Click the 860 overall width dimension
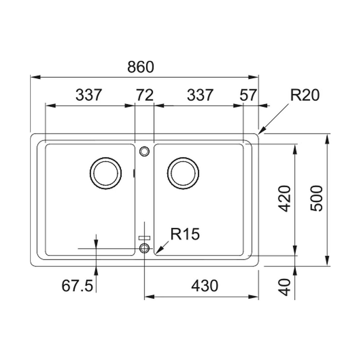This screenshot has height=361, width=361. [140, 67]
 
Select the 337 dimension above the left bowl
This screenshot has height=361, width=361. [89, 95]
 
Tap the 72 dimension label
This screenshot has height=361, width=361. [145, 95]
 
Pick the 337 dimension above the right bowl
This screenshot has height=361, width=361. [200, 95]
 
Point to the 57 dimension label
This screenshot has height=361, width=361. [248, 95]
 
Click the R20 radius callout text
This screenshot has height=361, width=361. [305, 95]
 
